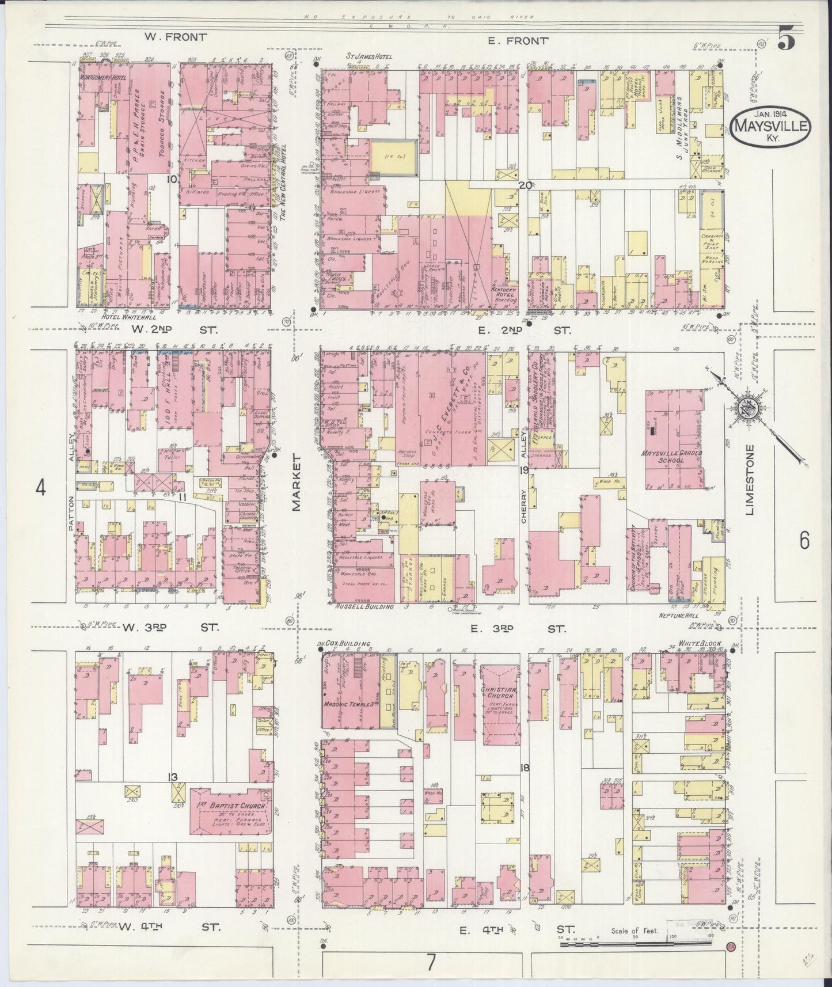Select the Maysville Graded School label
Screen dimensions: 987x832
[670, 457]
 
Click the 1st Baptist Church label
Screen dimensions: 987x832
[229, 806]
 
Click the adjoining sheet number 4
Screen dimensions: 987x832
[40, 488]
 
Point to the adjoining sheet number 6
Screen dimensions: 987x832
[804, 540]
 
